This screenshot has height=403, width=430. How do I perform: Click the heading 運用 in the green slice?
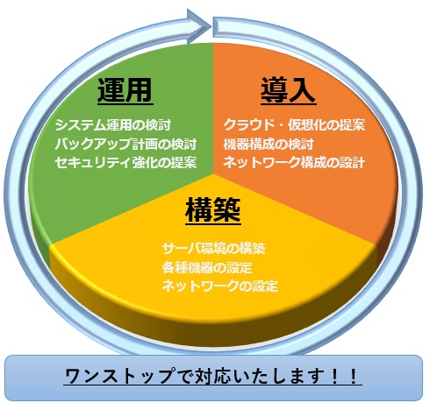(125, 90)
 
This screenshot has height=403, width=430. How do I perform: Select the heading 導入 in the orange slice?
(288, 90)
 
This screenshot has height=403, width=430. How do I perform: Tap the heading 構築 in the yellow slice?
(213, 210)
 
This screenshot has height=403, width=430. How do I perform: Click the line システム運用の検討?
(113, 125)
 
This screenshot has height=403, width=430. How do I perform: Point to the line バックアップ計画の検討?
(125, 144)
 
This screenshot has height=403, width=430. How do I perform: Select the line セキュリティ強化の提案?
(125, 162)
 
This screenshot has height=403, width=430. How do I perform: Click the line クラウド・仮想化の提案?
(294, 125)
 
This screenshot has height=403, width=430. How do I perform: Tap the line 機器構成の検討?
(269, 144)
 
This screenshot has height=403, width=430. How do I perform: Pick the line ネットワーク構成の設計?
(294, 162)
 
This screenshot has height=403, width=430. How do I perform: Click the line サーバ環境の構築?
(213, 249)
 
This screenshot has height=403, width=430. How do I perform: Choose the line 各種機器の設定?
(207, 267)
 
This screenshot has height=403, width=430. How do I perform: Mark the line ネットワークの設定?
(219, 286)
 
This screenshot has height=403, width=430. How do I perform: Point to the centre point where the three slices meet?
(213, 174)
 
